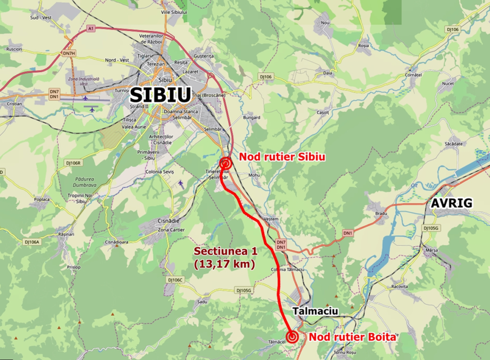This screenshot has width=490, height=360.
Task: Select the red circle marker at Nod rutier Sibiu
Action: pos(225,163)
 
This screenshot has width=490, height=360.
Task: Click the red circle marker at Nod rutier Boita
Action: pos(292,337)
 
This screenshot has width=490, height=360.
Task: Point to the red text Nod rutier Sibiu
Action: pos(282,157)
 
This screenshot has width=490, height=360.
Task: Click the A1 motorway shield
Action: pos(91,28)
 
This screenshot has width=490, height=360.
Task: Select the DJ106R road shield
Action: pos(73,163)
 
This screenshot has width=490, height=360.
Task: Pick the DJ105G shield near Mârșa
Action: pos(431,228)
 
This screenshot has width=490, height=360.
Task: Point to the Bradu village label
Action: pos(381,214)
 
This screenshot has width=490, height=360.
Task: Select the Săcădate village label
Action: pos(452,143)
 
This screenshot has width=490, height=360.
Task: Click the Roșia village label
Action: pos(363,45)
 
